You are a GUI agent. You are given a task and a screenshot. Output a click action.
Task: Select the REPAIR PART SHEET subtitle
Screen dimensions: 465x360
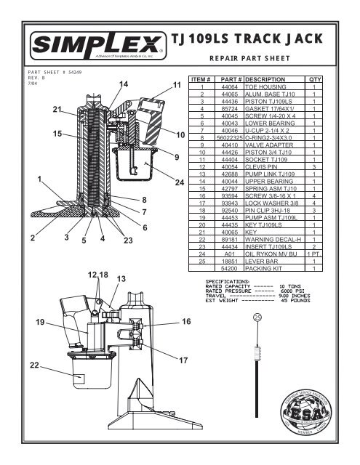click(x=249, y=60)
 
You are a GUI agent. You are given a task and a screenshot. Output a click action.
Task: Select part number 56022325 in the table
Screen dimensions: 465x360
click(x=231, y=136)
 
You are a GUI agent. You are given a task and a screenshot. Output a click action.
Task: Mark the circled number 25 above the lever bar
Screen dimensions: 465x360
click(x=257, y=318)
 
